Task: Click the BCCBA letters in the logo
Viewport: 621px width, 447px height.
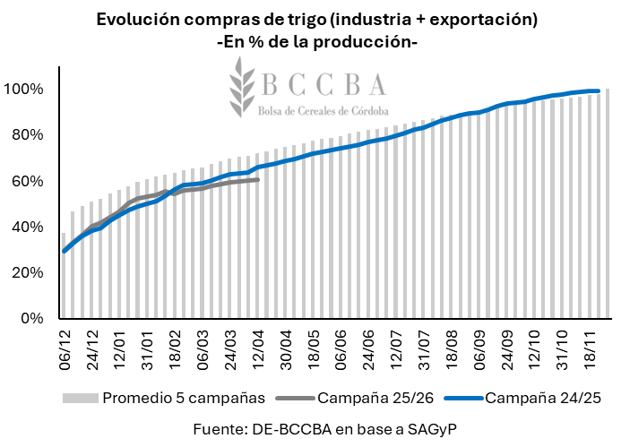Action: (x=324, y=85)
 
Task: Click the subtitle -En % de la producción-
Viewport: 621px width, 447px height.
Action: (x=317, y=41)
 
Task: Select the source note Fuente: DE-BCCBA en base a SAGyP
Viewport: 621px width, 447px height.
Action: (x=309, y=429)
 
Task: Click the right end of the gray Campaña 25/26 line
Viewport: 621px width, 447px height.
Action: (x=258, y=180)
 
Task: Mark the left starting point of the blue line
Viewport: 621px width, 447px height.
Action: (x=64, y=251)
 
